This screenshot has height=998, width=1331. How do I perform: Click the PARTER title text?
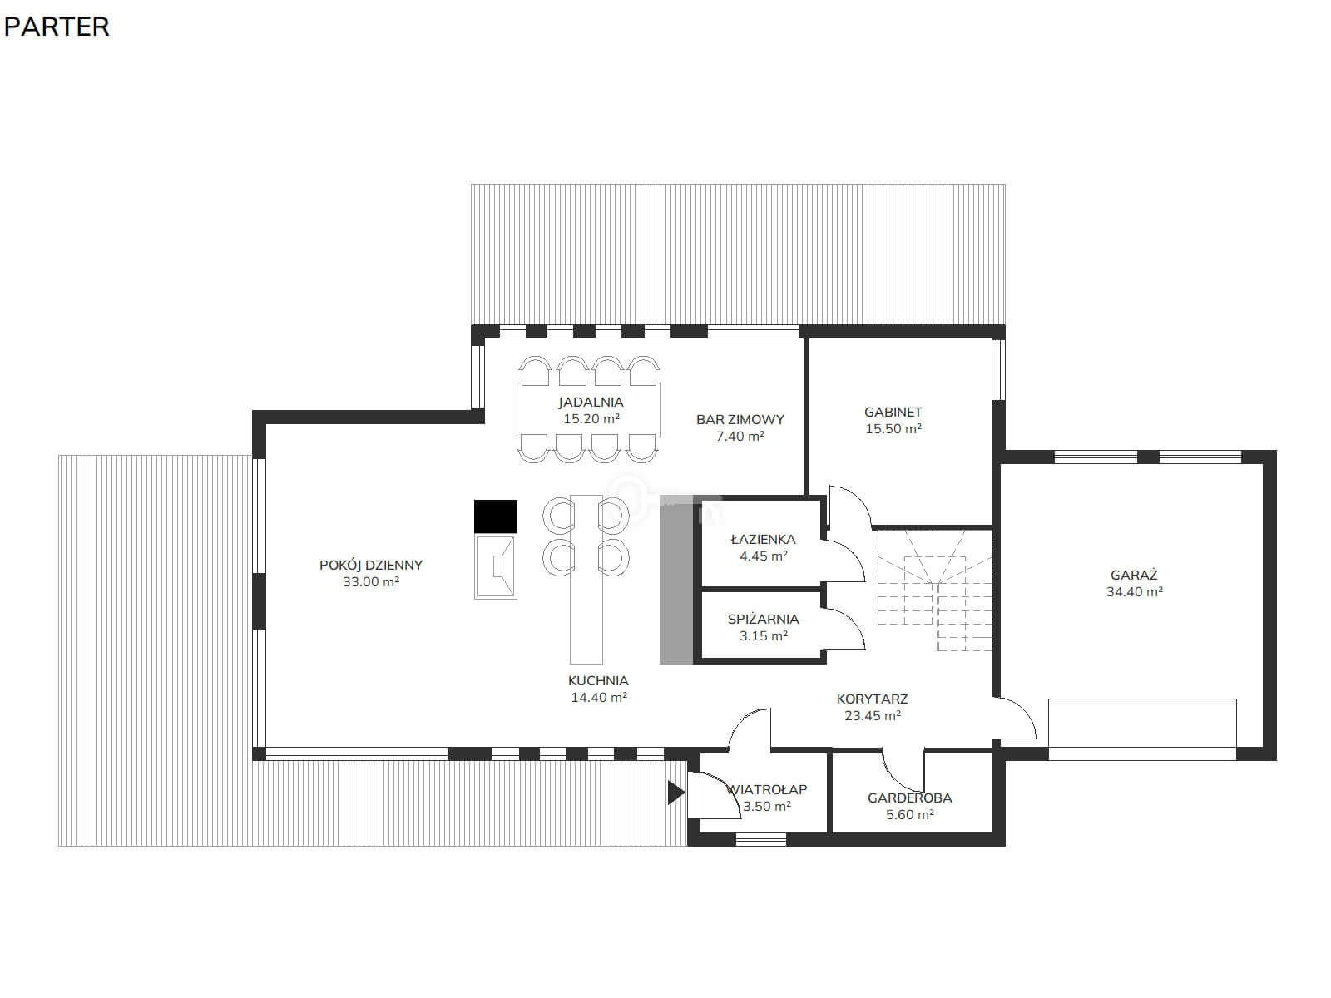point(57,27)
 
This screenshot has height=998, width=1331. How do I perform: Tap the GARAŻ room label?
point(1134,575)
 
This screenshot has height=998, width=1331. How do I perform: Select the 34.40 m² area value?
point(1134,592)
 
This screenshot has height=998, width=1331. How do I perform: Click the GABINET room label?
point(893,412)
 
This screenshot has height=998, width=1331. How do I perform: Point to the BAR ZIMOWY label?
point(740,419)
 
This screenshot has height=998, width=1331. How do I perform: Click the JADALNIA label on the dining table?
point(591,402)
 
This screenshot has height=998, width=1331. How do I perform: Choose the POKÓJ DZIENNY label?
point(370,565)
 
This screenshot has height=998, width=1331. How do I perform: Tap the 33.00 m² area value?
point(370,581)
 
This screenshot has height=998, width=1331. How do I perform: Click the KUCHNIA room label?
point(598,680)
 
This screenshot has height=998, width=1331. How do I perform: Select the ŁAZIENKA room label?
point(763,539)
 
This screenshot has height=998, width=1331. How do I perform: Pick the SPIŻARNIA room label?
point(763,620)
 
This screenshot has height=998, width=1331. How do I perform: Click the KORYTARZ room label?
point(872,699)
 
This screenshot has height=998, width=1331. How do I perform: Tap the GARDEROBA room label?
point(909,798)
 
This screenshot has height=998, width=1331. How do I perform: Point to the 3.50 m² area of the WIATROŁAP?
point(766,807)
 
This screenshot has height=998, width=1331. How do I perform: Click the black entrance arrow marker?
point(675,793)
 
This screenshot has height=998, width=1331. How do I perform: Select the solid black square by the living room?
point(496,516)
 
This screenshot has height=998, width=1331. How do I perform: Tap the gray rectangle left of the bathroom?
point(676,580)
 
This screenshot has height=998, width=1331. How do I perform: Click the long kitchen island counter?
point(586,580)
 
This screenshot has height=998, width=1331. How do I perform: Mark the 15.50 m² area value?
point(893,429)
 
